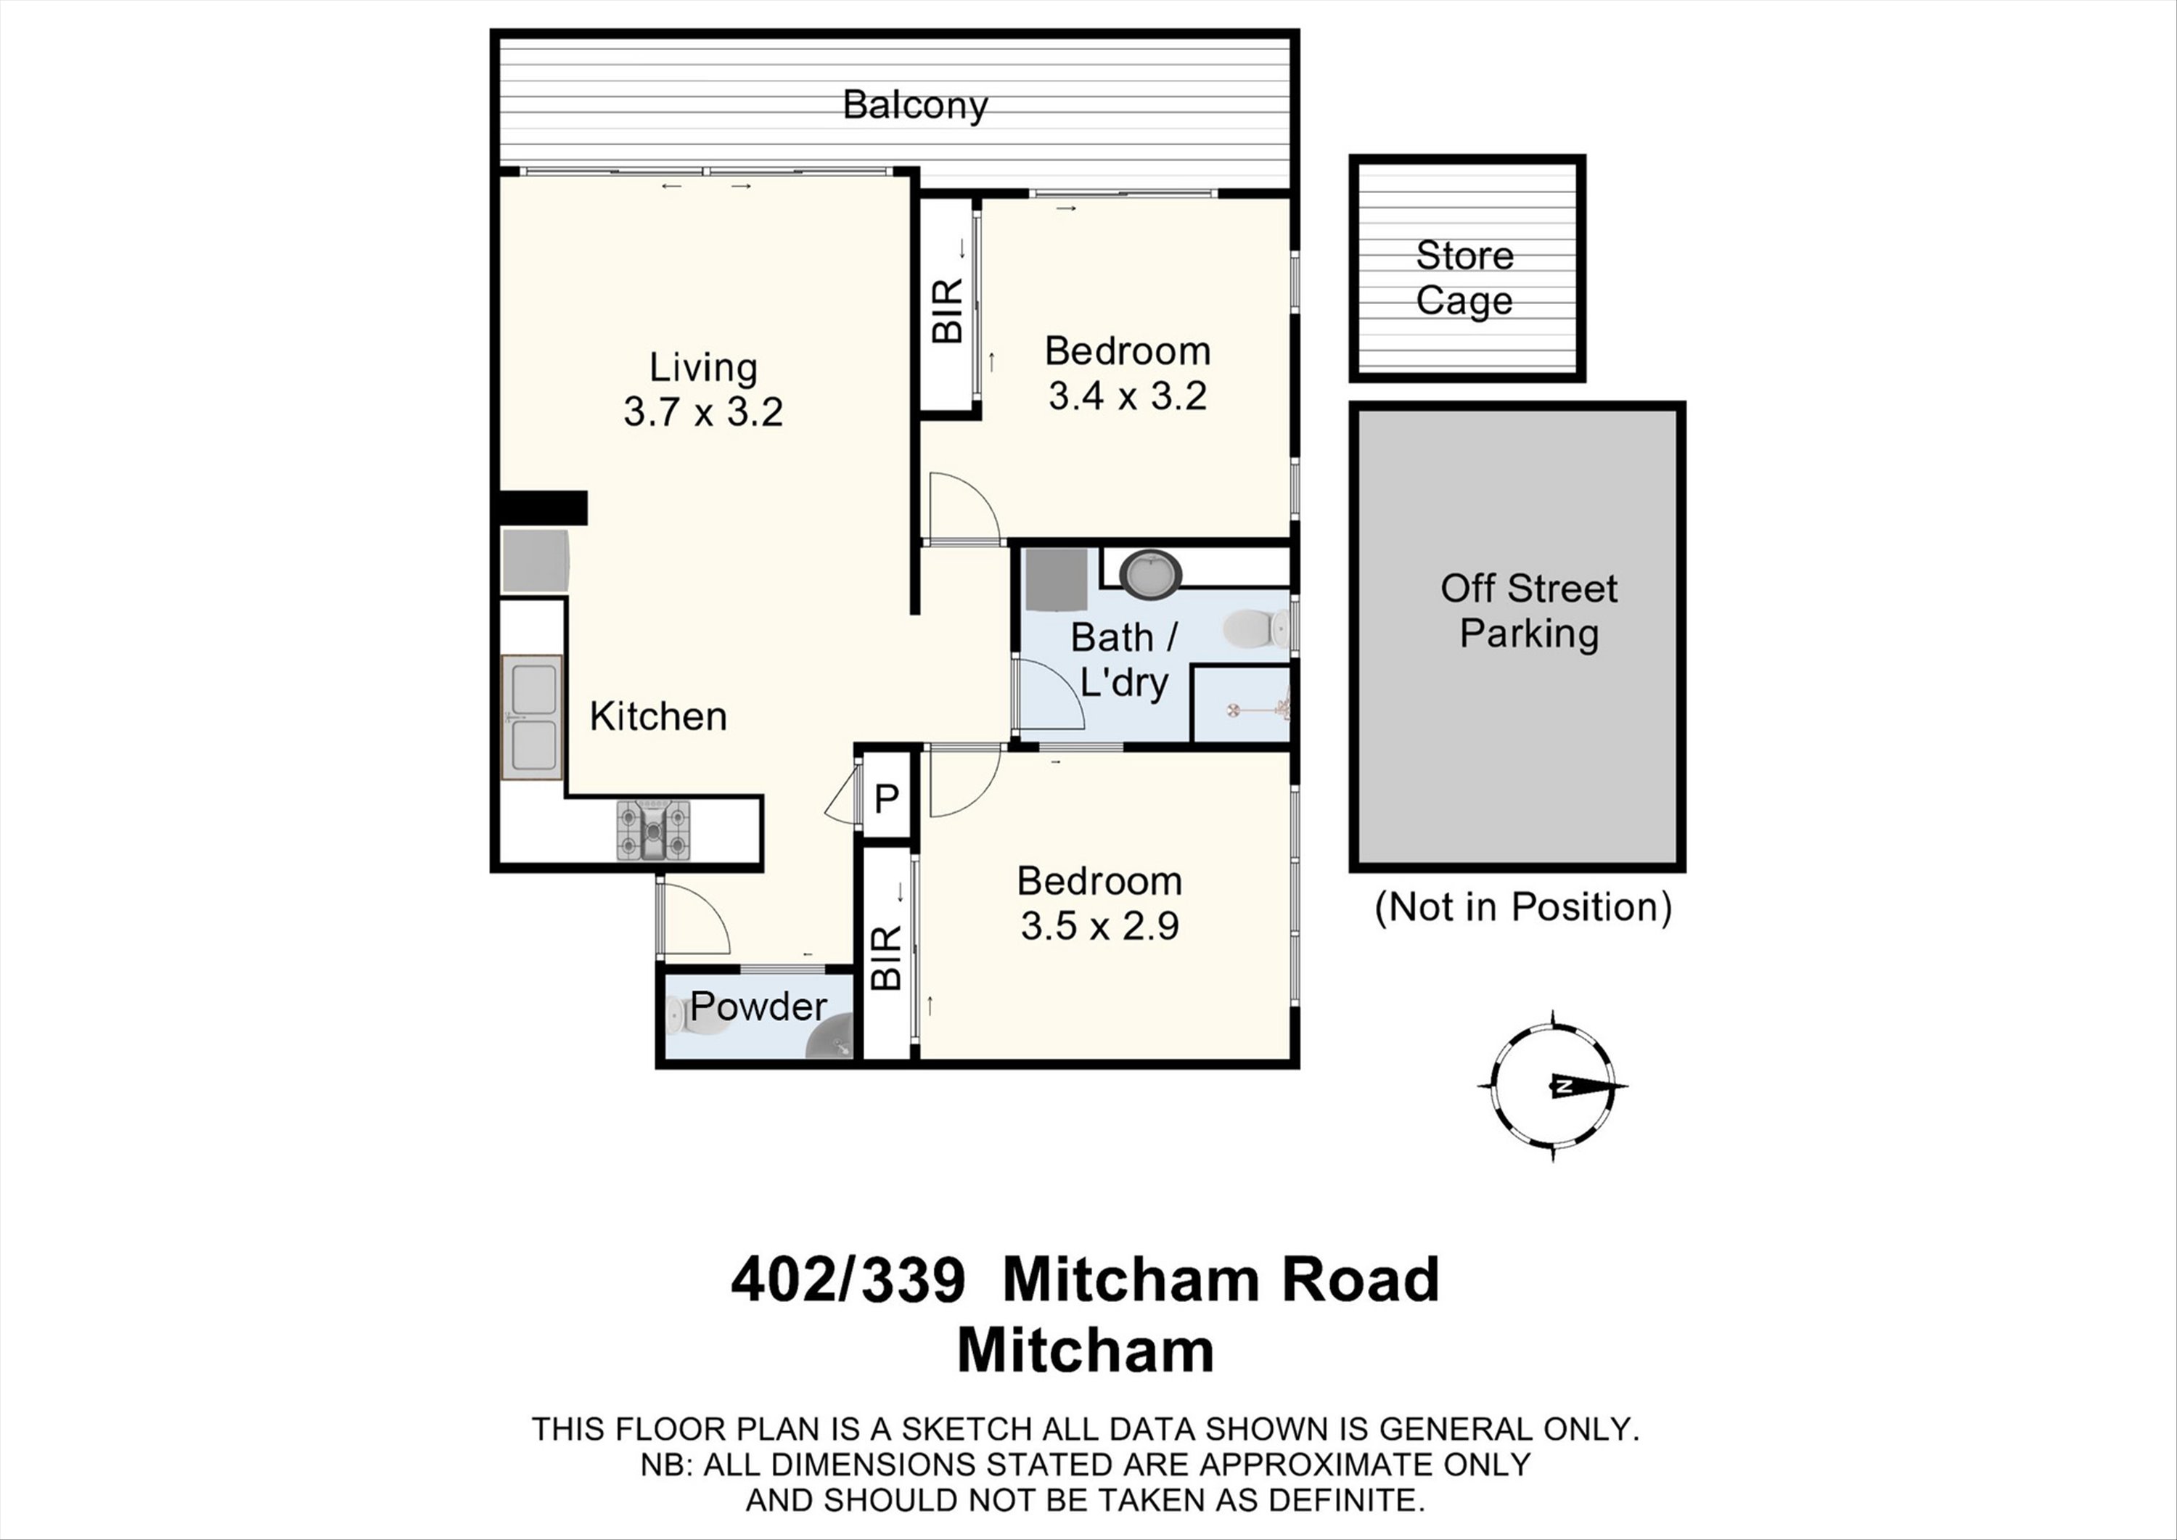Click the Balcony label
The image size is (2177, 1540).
915,105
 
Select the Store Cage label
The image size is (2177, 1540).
1465,278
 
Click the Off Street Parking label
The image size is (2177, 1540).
1528,610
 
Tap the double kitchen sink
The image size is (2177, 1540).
532,717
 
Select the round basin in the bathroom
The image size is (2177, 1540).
1151,574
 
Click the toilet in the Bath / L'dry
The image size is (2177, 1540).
1256,628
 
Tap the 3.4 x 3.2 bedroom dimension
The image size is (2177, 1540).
1128,396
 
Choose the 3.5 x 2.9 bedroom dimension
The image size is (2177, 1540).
1100,925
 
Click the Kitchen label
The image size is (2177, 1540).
658,716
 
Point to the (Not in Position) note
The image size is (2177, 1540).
1522,907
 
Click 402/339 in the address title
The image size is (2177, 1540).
848,1279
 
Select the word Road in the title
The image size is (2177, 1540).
1361,1279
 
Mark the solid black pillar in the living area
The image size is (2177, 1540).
544,508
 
